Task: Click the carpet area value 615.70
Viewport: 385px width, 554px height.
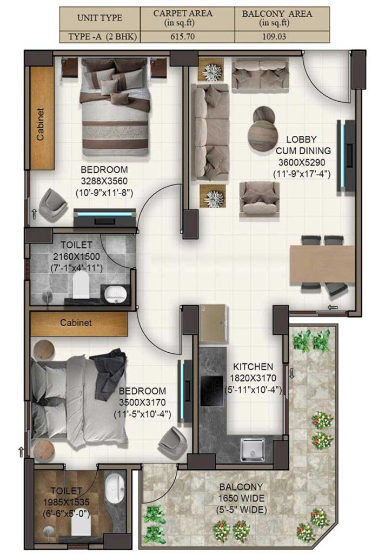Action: click(183, 36)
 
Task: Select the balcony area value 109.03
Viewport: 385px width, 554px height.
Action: click(274, 36)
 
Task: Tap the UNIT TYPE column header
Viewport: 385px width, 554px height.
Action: click(99, 18)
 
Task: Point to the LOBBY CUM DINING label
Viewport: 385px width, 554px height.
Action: click(303, 145)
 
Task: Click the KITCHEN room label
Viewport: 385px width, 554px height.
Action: click(253, 366)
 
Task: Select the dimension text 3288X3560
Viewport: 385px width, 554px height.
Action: click(104, 181)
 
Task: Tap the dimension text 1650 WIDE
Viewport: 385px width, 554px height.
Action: click(241, 498)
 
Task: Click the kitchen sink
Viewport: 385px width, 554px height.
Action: click(253, 450)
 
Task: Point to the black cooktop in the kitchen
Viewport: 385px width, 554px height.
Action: click(212, 391)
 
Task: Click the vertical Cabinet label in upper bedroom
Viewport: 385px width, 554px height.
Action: click(41, 124)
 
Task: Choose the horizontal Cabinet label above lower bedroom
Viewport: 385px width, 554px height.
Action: click(76, 322)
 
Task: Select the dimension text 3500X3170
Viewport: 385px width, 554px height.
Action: click(142, 403)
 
